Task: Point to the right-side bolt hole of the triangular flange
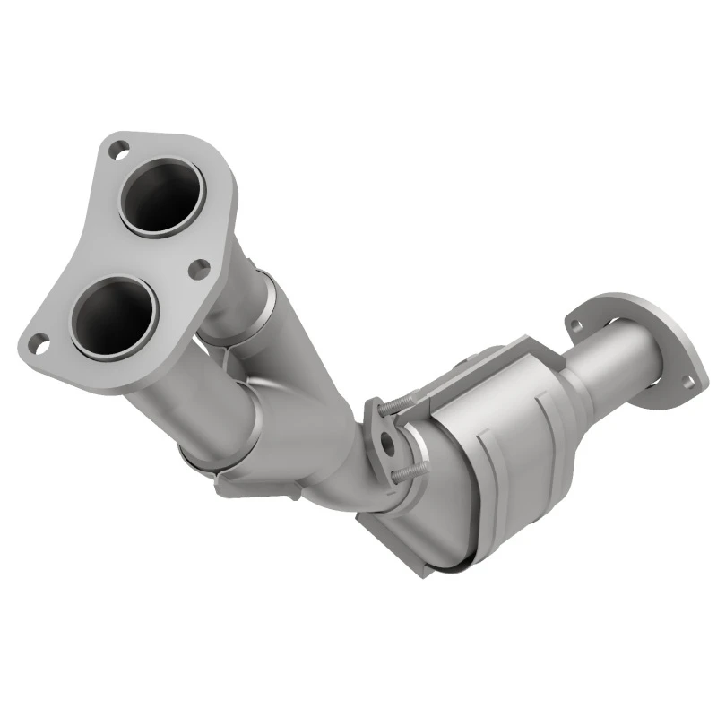(x=199, y=266)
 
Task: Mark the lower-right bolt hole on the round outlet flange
(x=688, y=383)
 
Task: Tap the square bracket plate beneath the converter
(x=394, y=529)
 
